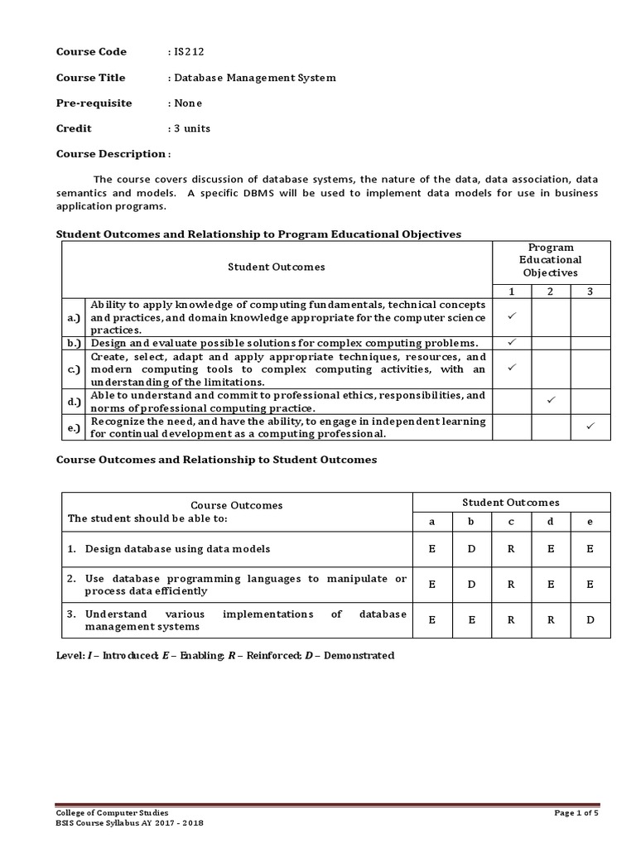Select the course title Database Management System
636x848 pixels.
tap(254, 78)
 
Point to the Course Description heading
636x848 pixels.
tap(112, 154)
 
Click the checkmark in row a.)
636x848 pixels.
tap(512, 316)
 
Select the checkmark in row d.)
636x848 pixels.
tap(551, 401)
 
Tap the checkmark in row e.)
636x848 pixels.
tap(590, 426)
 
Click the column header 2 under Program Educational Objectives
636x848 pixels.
tap(551, 291)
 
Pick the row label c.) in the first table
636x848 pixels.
tap(74, 369)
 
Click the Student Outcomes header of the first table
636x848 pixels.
tap(277, 267)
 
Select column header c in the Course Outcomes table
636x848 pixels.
tap(511, 522)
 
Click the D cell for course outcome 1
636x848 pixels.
tap(471, 548)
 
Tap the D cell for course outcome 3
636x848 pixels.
tap(590, 619)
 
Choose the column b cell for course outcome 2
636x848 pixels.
tap(471, 584)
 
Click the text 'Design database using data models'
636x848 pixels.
tap(177, 548)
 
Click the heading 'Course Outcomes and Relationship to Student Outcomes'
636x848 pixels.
tap(216, 460)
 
